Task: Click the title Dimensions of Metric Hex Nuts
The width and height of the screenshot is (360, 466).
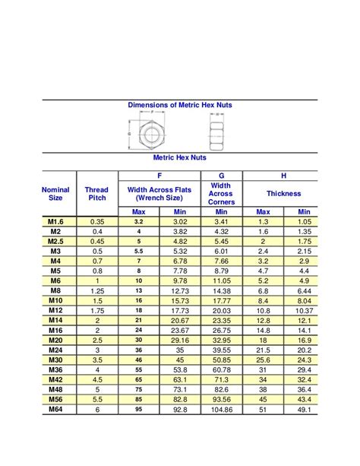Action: (x=179, y=105)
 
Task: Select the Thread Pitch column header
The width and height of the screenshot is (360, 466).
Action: (x=96, y=194)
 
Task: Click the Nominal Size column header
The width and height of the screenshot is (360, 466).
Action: (x=55, y=194)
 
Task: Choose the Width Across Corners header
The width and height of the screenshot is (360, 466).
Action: (x=221, y=194)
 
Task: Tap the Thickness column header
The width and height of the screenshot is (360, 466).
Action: (x=283, y=194)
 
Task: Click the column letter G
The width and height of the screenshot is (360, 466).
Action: (x=221, y=175)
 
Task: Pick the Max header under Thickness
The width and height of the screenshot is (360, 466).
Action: (x=263, y=211)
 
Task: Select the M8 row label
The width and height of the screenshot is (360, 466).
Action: (x=55, y=290)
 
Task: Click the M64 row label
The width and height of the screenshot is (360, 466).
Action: (x=55, y=409)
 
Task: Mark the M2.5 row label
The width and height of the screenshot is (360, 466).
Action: (x=55, y=241)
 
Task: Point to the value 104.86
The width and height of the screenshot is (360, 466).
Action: (x=221, y=409)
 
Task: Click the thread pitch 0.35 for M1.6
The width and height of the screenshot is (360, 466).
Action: (x=96, y=221)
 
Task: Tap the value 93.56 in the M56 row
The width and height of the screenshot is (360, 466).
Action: (x=221, y=399)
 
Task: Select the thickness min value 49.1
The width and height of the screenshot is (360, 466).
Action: (x=304, y=409)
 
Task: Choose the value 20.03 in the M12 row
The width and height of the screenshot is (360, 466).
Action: (x=221, y=310)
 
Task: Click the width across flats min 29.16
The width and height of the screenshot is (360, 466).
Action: (x=180, y=340)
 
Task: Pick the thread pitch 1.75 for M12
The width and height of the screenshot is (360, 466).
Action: (x=96, y=310)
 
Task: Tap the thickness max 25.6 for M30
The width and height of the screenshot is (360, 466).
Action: (x=263, y=360)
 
